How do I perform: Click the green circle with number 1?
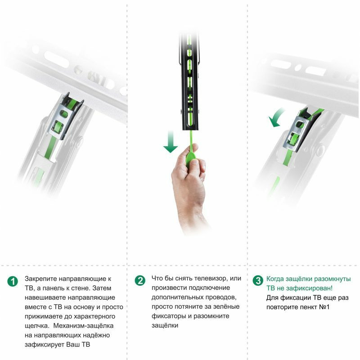13,281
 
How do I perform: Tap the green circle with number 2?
140,280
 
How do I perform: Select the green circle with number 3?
258,280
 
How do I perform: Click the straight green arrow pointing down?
171,142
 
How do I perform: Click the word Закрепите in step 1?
41,279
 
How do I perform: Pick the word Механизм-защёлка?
83,326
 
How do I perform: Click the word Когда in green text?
275,279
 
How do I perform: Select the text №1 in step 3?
324,307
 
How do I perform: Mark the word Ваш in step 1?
72,345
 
